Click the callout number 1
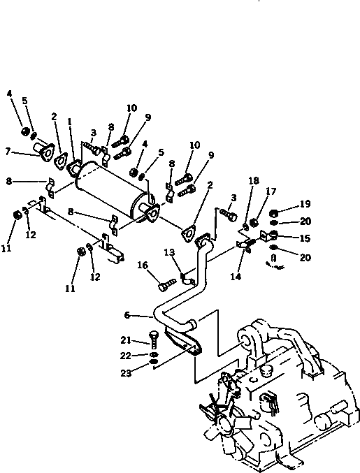[x=71, y=121]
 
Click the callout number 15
[x=305, y=238]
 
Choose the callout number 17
[x=271, y=190]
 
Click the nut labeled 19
[x=275, y=213]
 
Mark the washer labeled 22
[x=153, y=355]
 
